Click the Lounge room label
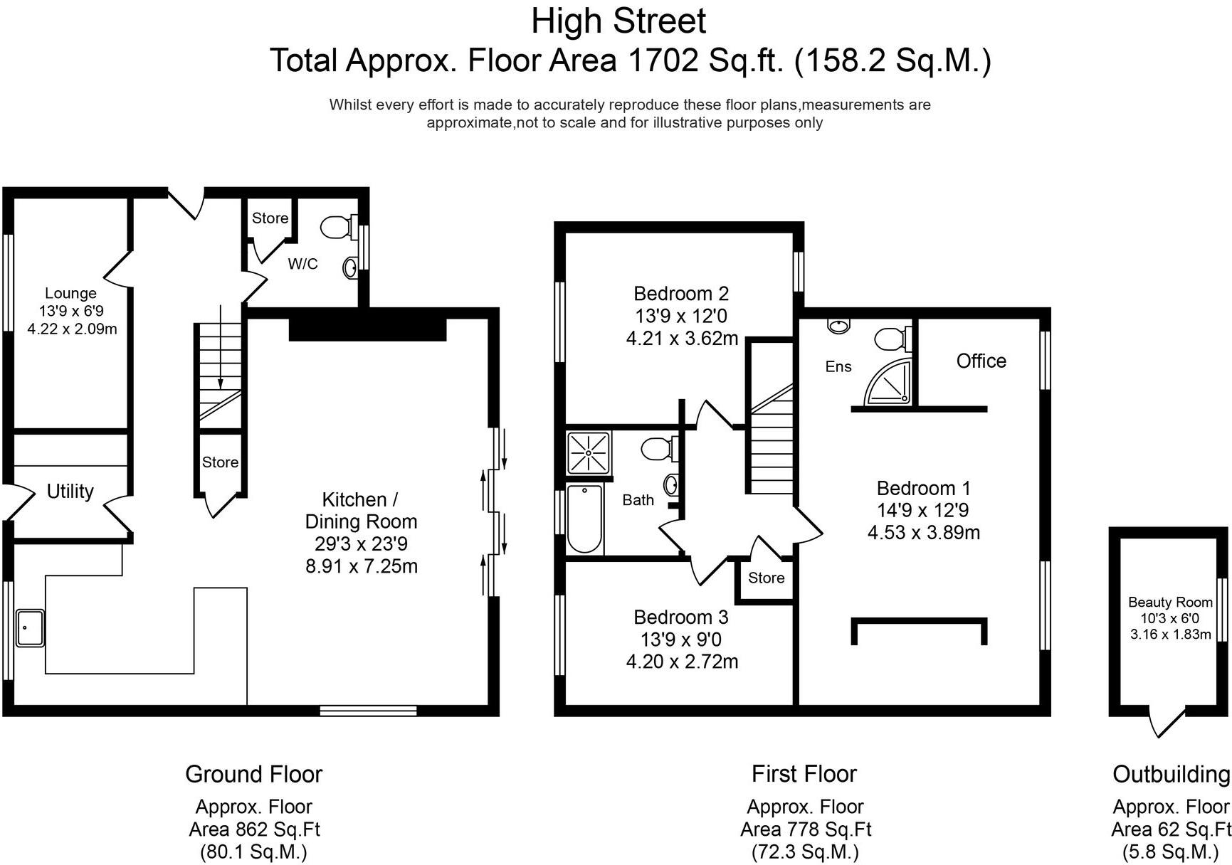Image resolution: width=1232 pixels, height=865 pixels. [70, 293]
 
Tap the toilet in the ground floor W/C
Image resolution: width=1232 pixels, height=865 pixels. [338, 227]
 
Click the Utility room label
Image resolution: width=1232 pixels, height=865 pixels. [70, 492]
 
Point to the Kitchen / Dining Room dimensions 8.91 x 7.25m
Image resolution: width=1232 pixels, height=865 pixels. [361, 566]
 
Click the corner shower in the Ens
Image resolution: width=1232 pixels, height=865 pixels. [888, 382]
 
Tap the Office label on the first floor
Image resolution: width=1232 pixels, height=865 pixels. [981, 361]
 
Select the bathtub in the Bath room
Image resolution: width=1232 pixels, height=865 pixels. [585, 519]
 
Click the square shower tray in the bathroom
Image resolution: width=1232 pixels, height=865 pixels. [589, 452]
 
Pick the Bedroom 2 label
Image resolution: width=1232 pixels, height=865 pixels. [681, 294]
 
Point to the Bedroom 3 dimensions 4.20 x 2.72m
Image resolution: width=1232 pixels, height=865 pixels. [682, 662]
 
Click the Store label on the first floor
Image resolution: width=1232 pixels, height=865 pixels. [766, 578]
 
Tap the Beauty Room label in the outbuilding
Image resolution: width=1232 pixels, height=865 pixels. [1170, 602]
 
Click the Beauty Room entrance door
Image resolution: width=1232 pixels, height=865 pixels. [1169, 722]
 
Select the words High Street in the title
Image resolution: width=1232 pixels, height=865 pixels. [618, 21]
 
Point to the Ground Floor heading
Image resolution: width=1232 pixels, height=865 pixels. [254, 774]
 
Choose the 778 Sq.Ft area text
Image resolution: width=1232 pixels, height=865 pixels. [806, 829]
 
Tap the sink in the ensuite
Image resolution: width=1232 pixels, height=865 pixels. [838, 326]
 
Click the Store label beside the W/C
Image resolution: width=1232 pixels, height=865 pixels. [270, 218]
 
